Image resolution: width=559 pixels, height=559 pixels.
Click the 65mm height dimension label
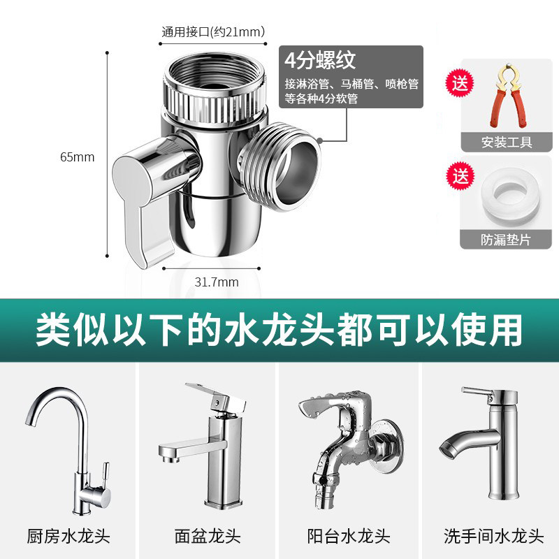pos(78,157)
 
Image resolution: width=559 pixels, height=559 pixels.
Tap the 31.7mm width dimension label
pos(217,282)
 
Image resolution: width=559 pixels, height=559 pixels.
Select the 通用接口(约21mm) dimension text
pos(213,31)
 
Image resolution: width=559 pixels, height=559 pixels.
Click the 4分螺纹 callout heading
pos(320,60)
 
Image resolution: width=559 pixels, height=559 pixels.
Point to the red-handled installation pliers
pos(508,96)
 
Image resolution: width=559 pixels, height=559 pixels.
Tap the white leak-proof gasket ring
pos(509,197)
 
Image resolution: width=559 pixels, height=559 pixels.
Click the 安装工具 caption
pos(507,143)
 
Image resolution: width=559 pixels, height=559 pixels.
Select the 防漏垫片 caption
pos(506,240)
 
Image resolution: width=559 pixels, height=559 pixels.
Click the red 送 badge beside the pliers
pos(460,83)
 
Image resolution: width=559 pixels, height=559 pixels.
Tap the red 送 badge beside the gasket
pos(460,176)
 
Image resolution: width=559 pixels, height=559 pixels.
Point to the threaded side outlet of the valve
pos(280,166)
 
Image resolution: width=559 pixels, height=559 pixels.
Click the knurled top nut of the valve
pos(216,89)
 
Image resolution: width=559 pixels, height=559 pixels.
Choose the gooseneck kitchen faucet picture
pos(68,451)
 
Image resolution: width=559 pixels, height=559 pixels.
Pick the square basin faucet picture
pos(203,446)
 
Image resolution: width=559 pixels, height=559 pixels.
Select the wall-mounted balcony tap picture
pos(351,448)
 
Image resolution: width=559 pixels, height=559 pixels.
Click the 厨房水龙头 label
pos(68,536)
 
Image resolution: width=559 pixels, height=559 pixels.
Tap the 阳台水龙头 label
pos(348,536)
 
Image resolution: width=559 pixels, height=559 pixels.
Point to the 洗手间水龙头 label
pos(493,536)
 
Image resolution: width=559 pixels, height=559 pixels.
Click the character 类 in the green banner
pos(53,329)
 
